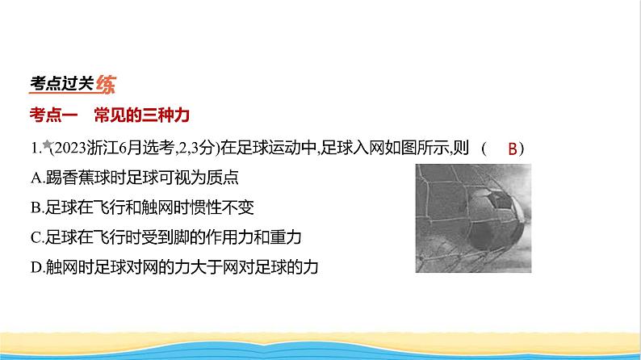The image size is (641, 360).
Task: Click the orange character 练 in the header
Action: (106, 84)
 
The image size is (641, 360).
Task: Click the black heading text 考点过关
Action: (61, 83)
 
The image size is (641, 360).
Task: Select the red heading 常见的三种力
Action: (142, 115)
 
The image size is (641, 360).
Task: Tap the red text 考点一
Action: (53, 115)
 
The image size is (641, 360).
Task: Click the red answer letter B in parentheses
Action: (512, 149)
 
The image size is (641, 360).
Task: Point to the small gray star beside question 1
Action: (47, 144)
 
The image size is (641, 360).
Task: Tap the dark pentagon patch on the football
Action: (500, 200)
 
